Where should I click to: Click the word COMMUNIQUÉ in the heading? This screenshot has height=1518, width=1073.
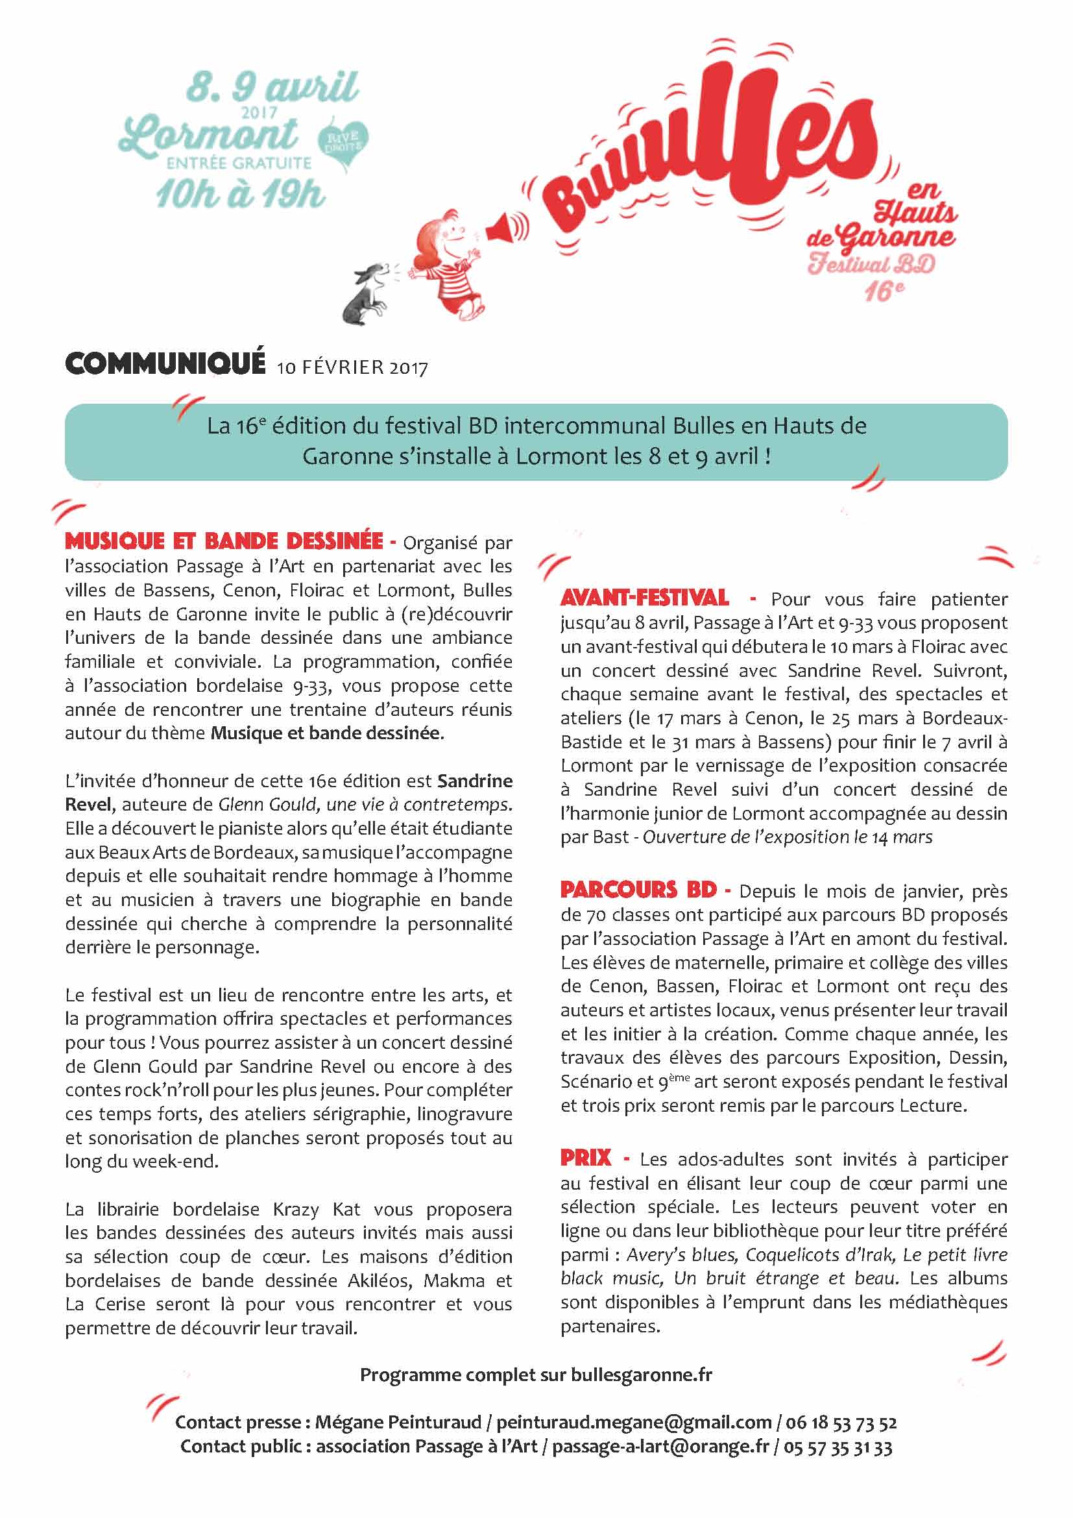tap(165, 363)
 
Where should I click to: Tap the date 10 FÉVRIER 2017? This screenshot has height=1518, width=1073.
tap(352, 367)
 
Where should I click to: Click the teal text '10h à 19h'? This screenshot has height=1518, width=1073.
tap(241, 193)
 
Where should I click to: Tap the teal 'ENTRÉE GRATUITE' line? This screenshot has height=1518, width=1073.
tap(239, 163)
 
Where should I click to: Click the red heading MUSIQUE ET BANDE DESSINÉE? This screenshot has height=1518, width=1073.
tap(224, 541)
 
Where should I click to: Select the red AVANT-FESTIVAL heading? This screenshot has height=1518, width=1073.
tap(645, 598)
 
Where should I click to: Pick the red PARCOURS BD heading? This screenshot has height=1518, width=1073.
tap(638, 890)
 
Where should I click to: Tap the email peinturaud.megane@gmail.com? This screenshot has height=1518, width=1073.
tap(634, 1421)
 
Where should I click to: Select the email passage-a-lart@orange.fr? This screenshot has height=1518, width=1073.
tap(660, 1446)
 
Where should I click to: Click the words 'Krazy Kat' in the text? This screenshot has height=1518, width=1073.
tap(317, 1209)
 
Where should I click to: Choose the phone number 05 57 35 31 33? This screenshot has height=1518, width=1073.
tap(838, 1446)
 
